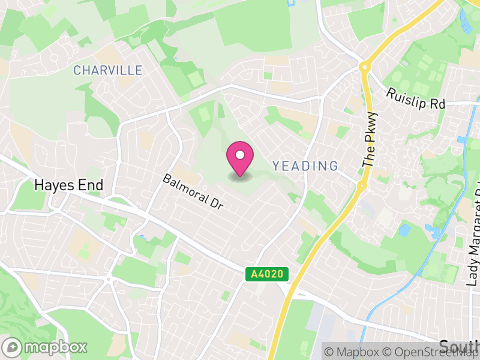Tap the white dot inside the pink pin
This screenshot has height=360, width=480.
[x=239, y=155]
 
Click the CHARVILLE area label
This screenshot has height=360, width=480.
[x=108, y=71]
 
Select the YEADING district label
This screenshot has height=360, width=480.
[x=305, y=166]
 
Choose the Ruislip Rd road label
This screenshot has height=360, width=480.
[x=416, y=99]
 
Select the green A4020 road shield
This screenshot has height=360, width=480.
[x=267, y=274]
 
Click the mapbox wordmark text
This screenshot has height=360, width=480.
[x=56, y=347]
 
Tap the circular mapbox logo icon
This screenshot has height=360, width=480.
[x=13, y=347]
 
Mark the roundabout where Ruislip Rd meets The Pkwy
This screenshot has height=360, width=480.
[x=364, y=67]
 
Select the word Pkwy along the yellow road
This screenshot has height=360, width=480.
[x=373, y=125]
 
